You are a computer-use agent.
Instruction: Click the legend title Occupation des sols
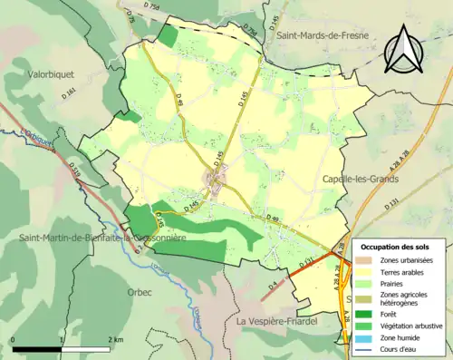[x=396, y=248]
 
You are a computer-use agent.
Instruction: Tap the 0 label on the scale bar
[x=14, y=339]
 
